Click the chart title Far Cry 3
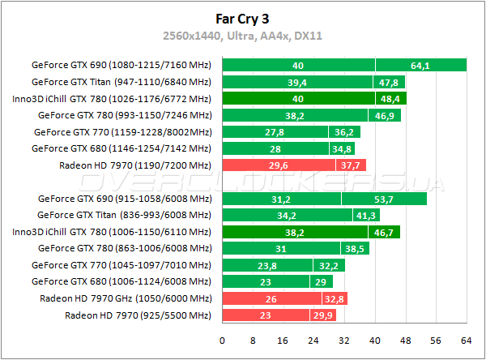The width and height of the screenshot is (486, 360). pos(242,17)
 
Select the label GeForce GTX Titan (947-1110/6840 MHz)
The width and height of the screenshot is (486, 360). pos(121,81)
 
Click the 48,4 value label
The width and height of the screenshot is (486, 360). pos(390,98)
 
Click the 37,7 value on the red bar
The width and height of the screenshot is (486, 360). pos(351,165)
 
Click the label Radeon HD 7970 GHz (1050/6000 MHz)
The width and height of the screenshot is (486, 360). pos(126,298)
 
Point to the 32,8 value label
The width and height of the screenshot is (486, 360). pos(333,298)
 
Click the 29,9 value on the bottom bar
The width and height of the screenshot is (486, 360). pos(322,315)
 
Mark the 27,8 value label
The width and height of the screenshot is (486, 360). pos(275,131)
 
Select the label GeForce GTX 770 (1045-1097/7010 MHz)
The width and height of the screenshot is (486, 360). pos(122,264)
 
